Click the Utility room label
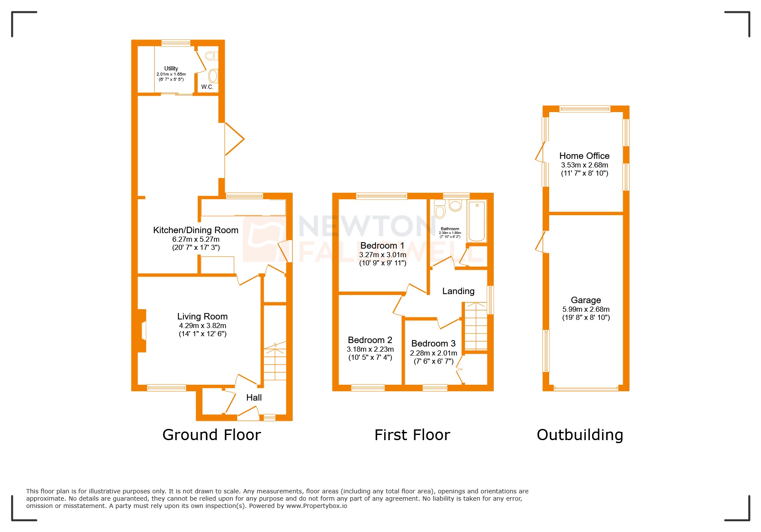pyautogui.click(x=171, y=68)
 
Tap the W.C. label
pyautogui.click(x=207, y=87)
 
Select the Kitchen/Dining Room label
pyautogui.click(x=196, y=230)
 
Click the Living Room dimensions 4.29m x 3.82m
pyautogui.click(x=202, y=325)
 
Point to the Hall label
pyautogui.click(x=254, y=398)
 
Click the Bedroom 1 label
pyautogui.click(x=382, y=246)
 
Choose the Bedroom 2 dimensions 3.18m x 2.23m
pyautogui.click(x=370, y=349)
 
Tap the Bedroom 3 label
pyautogui.click(x=433, y=344)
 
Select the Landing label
pyautogui.click(x=458, y=291)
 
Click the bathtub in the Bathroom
pyautogui.click(x=477, y=221)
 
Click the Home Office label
pyautogui.click(x=584, y=156)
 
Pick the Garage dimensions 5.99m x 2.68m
pyautogui.click(x=586, y=309)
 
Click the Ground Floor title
pyautogui.click(x=211, y=435)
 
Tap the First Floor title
pyautogui.click(x=412, y=435)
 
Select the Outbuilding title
pyautogui.click(x=580, y=435)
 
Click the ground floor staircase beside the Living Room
pyautogui.click(x=275, y=363)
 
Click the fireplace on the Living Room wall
pyautogui.click(x=143, y=331)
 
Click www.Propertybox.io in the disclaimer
pyautogui.click(x=317, y=506)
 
